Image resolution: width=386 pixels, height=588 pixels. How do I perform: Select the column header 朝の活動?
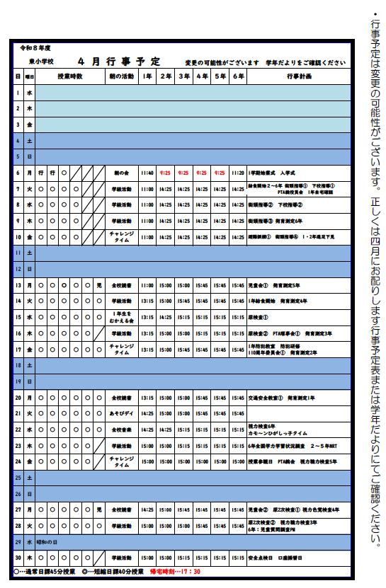click(x=120, y=76)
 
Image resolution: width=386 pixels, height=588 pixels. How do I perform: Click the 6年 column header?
click(x=239, y=76)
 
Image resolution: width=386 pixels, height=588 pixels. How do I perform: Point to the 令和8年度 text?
click(x=35, y=48)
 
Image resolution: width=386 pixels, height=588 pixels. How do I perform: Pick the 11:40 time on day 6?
click(x=147, y=172)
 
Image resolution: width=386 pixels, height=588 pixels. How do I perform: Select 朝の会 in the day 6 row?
click(x=121, y=172)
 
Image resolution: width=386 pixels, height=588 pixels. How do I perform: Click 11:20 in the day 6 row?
click(x=239, y=172)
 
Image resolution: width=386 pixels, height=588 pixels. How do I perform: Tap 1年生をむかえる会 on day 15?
click(x=121, y=315)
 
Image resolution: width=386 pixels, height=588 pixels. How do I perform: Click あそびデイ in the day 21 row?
click(x=121, y=413)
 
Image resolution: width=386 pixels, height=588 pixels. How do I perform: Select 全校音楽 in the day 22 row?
click(x=121, y=430)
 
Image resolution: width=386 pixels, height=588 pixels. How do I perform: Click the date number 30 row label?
click(x=18, y=557)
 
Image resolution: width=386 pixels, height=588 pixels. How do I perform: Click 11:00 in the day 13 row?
click(x=147, y=286)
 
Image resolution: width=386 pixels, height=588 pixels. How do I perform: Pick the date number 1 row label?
click(x=18, y=92)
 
